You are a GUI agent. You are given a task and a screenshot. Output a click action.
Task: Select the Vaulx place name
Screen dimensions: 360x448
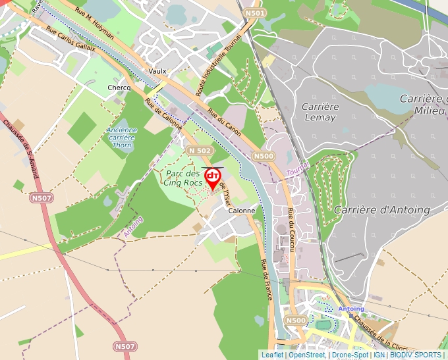pos(157,71)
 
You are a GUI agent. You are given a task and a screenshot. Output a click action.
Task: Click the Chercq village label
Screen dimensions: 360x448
pos(119,88)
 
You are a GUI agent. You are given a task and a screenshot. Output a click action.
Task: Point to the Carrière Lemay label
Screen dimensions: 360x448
pos(320,112)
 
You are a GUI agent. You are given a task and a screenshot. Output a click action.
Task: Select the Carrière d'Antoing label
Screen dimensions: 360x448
pos(382,210)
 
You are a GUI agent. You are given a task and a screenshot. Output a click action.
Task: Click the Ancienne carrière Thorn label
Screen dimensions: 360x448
pos(122,138)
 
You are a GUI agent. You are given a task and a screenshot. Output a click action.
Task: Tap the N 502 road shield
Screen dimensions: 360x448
pos(200,151)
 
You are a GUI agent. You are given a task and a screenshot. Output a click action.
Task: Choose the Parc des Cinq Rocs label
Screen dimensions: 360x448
pos(184,178)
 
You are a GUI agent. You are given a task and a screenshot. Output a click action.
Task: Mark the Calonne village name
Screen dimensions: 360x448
pos(241,211)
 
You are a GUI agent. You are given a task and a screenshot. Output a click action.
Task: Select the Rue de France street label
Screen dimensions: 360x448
pos(267,280)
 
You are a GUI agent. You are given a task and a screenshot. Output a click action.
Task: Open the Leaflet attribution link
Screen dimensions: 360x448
pos(272,355)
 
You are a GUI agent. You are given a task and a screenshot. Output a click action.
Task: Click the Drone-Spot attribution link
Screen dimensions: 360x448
pos(350,355)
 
